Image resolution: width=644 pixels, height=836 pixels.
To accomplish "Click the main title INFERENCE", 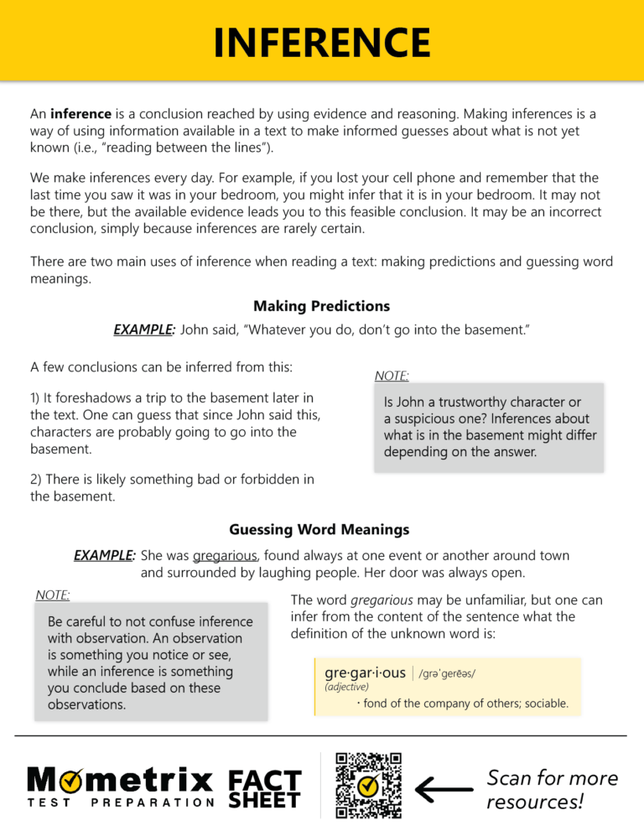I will click(322, 43).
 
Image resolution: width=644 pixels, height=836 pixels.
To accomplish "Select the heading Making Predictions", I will click(321, 306).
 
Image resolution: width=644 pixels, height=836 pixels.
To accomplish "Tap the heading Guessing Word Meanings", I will click(319, 529).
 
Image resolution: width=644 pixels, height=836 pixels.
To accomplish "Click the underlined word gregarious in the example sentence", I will click(226, 556).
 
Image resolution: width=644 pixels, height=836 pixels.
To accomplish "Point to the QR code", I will click(368, 785).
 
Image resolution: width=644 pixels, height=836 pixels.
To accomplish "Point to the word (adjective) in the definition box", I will click(346, 687).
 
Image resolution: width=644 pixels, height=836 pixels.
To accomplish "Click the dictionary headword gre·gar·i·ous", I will click(365, 672).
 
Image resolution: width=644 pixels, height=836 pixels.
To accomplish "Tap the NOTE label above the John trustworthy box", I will click(392, 376).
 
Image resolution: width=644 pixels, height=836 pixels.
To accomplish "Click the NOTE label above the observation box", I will click(53, 595).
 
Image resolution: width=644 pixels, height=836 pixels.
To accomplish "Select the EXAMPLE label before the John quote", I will click(143, 330).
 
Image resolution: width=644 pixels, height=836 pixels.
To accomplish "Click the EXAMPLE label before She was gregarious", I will click(105, 555).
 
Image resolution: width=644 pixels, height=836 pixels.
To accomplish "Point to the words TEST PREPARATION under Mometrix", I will click(121, 802).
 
